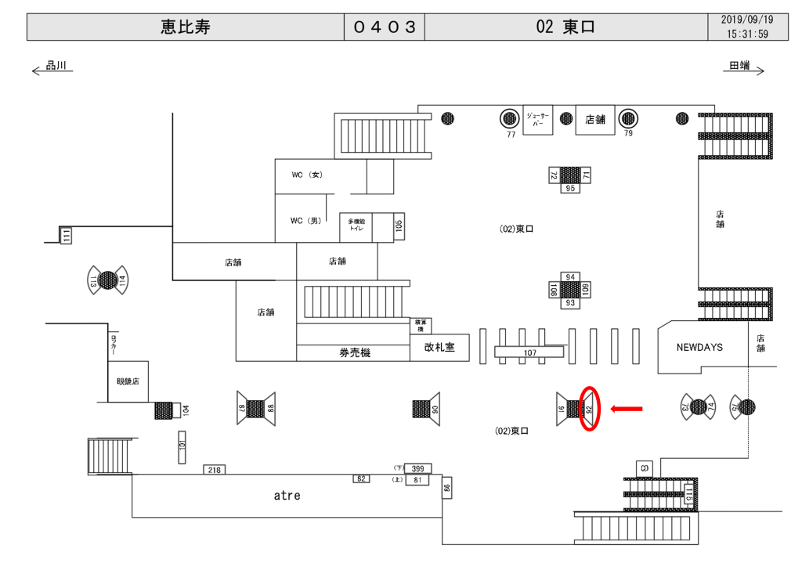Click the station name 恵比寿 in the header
(186, 27)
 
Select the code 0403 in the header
(384, 27)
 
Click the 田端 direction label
(739, 67)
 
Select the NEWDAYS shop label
(699, 346)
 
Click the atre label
(287, 495)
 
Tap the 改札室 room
(439, 348)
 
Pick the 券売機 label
(354, 352)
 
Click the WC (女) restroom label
(307, 175)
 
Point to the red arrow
(627, 407)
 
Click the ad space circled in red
(590, 408)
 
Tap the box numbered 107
(529, 353)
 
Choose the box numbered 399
(417, 468)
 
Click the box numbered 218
(215, 469)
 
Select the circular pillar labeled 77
(511, 118)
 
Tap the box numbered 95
(570, 188)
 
